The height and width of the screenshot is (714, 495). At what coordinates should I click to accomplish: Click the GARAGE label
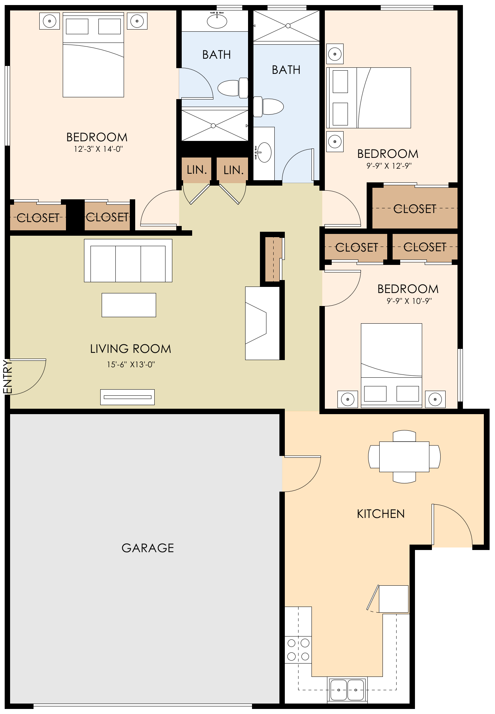coord(148,548)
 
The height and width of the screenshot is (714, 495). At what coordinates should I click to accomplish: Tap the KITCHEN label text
coord(381,514)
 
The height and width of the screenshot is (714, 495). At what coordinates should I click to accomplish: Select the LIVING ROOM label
coord(131,349)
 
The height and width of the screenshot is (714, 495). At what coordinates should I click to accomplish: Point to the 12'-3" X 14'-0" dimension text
coord(98,149)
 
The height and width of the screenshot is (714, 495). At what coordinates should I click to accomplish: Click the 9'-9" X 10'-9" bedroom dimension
coord(409,301)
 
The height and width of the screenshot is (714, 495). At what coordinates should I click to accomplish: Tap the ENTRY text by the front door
coord(8,377)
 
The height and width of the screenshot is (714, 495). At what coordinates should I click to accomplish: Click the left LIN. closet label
coord(196,170)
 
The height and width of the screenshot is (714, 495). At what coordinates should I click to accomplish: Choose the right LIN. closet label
coord(233,170)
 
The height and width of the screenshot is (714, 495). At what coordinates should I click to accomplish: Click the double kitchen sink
coord(347,689)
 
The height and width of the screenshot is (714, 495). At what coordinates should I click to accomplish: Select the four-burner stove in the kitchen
coord(298,649)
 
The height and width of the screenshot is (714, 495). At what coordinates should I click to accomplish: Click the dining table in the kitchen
coord(404,457)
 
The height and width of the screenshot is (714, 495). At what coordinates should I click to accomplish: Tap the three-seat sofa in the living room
coord(128,261)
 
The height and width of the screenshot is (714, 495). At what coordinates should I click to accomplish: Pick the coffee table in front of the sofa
coord(129,305)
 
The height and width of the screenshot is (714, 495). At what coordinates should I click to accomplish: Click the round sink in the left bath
coord(217,21)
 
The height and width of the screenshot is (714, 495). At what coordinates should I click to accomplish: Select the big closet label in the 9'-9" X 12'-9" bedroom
coord(415,209)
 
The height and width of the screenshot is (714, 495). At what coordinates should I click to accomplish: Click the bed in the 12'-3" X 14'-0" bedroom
coord(93,55)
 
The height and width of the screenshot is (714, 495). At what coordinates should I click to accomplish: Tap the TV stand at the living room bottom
coord(127,397)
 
